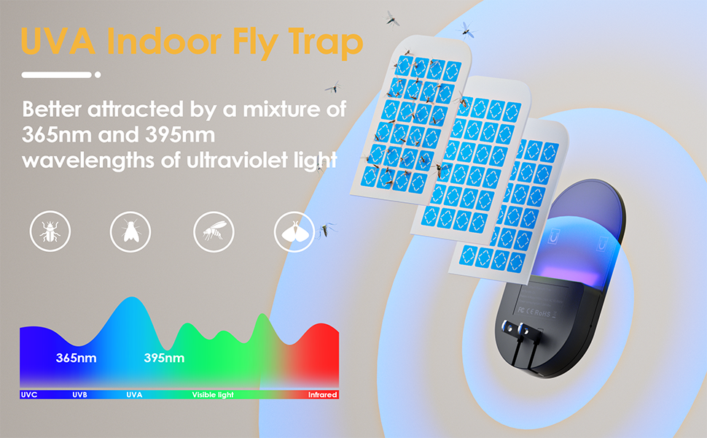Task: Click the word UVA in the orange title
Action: (x=58, y=42)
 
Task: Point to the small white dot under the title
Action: (x=98, y=74)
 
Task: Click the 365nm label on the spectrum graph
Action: (x=76, y=358)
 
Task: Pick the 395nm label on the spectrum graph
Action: (x=164, y=358)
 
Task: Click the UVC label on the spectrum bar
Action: (x=29, y=395)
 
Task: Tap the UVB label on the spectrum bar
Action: (x=80, y=395)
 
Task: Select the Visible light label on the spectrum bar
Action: (x=213, y=395)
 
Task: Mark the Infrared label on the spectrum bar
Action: (x=322, y=395)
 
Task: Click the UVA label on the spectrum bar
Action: (x=134, y=395)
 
